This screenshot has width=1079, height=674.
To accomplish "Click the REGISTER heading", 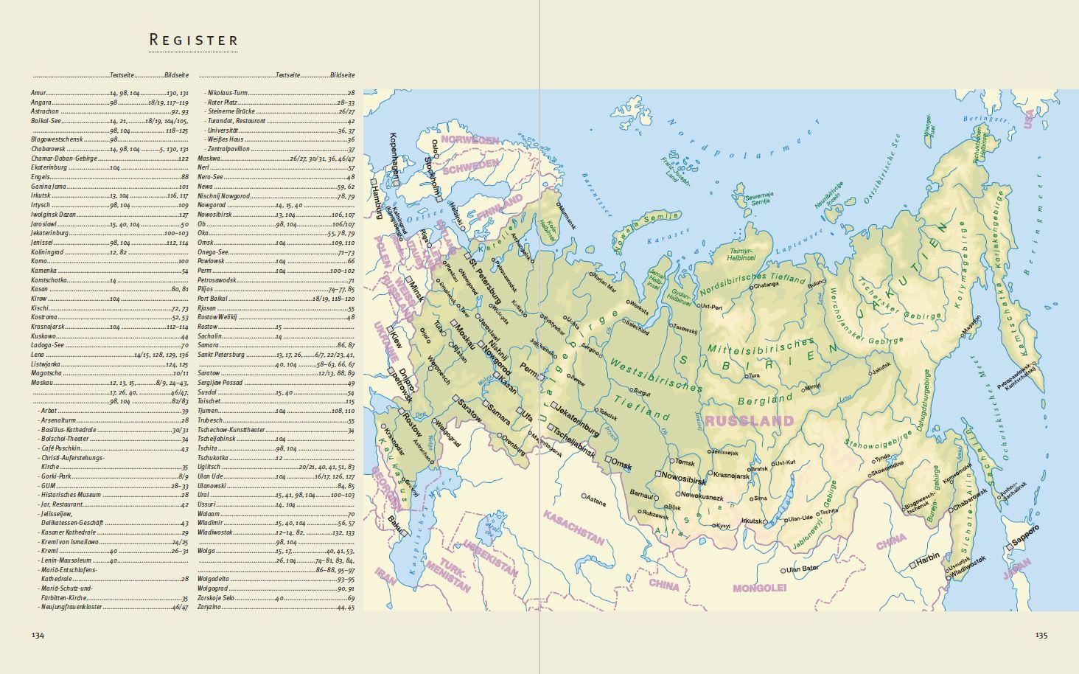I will pyautogui.click(x=194, y=40).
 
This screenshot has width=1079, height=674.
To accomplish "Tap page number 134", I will pyautogui.click(x=38, y=635).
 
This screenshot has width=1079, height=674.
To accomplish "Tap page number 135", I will pyautogui.click(x=1041, y=635).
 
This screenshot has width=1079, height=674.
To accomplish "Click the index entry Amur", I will pyautogui.click(x=38, y=94).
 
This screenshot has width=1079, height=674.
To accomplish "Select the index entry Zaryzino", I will pyautogui.click(x=210, y=608).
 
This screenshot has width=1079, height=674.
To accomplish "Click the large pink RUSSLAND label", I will pyautogui.click(x=749, y=422).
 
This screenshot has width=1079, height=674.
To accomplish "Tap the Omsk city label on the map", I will pyautogui.click(x=622, y=465).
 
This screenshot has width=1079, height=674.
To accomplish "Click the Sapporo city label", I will pyautogui.click(x=1024, y=537).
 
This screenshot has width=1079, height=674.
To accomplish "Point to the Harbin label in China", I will pyautogui.click(x=928, y=557).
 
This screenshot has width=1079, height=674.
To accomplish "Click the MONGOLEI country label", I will pyautogui.click(x=759, y=588).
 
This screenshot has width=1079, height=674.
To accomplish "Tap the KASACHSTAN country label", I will pyautogui.click(x=574, y=527).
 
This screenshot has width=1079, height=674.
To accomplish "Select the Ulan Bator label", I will pyautogui.click(x=803, y=569).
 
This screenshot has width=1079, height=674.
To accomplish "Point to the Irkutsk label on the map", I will pyautogui.click(x=752, y=521).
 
